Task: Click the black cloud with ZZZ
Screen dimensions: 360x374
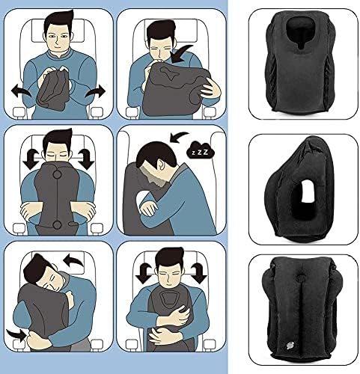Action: point(201,150)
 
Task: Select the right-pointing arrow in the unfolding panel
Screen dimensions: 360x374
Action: point(96,91)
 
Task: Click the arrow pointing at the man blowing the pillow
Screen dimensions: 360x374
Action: point(181,53)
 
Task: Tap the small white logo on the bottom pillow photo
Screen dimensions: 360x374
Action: point(290,345)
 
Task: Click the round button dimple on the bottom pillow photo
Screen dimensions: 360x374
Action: point(300,277)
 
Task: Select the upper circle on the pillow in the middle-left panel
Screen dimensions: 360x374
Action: point(57,174)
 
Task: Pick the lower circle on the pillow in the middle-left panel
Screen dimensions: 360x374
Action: point(57,225)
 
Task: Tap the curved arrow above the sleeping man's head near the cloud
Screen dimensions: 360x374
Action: point(179,137)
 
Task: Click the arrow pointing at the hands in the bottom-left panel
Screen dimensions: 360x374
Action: point(16,334)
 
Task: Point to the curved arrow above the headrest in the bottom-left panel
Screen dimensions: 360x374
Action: point(73,260)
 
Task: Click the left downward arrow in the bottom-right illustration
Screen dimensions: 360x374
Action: point(144,273)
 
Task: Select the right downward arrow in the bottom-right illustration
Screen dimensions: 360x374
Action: point(199,273)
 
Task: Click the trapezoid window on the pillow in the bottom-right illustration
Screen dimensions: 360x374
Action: point(170,299)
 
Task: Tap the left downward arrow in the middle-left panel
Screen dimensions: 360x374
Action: point(31,159)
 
